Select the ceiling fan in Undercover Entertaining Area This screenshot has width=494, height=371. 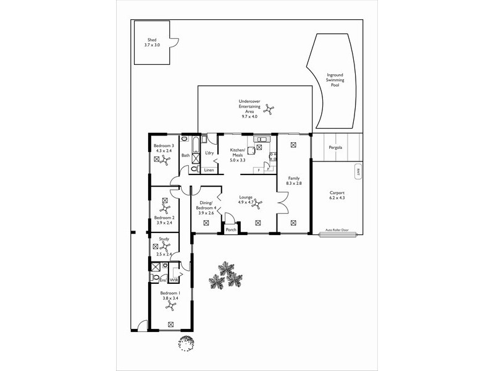[270, 111]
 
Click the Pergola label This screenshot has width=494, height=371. [336, 148]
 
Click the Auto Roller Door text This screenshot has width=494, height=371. [337, 230]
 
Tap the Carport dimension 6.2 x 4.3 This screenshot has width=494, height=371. [337, 198]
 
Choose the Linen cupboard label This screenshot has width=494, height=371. [209, 169]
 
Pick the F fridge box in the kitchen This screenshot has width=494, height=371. [258, 169]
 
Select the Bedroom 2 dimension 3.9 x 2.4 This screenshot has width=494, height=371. [164, 223]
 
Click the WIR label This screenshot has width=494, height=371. [174, 279]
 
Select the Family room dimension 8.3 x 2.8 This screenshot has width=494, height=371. [293, 184]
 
